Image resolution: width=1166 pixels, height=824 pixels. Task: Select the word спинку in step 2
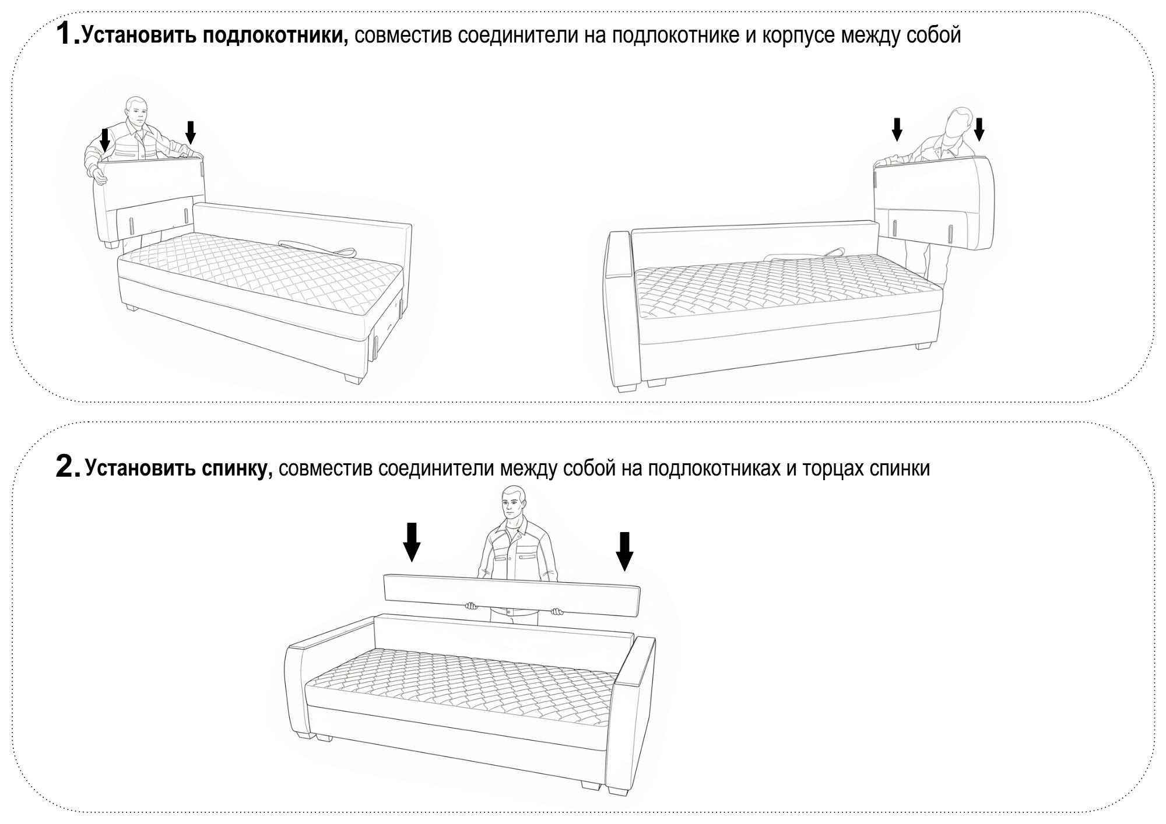pyautogui.click(x=236, y=469)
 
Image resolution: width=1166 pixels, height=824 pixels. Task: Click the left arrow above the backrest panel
pyautogui.click(x=412, y=541)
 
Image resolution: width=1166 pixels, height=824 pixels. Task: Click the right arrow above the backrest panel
pyautogui.click(x=624, y=551)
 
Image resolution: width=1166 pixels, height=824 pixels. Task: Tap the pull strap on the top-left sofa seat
pyautogui.click(x=315, y=247)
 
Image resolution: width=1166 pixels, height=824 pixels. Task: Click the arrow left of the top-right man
pyautogui.click(x=897, y=129)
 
